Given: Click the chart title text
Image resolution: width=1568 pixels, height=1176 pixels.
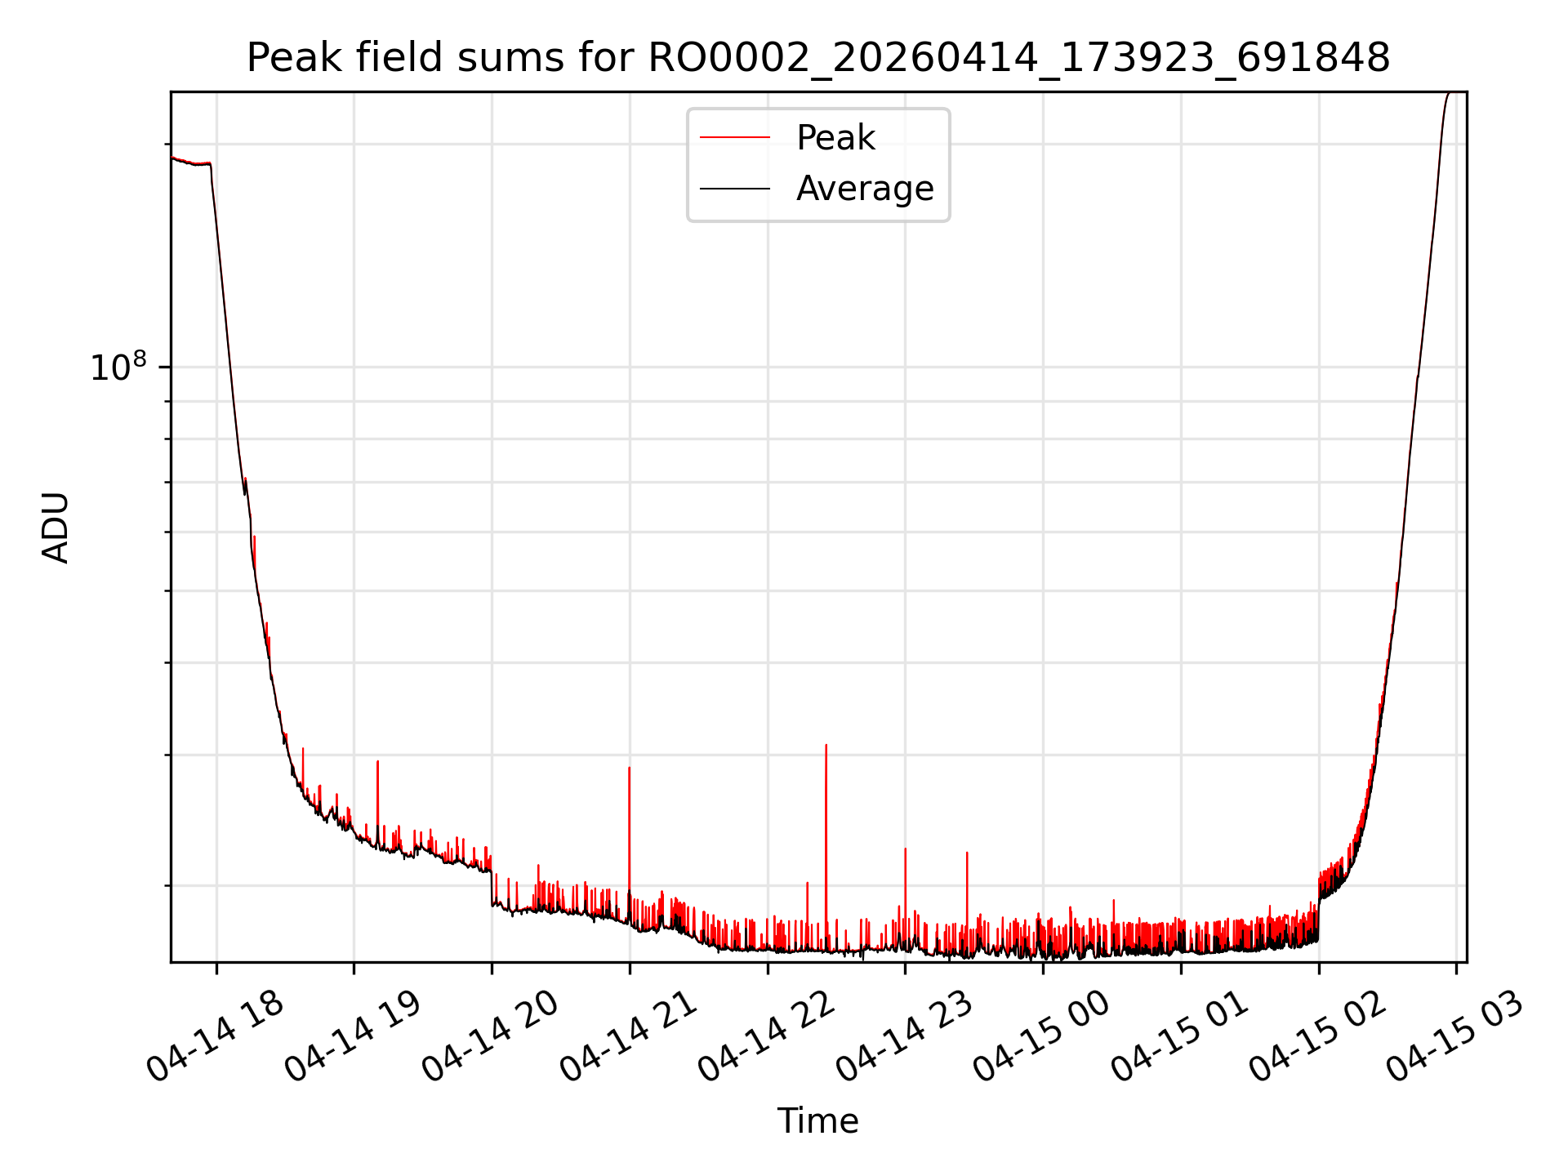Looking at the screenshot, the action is [x=817, y=58].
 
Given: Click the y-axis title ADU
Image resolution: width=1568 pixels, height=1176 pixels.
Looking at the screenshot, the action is [x=56, y=527].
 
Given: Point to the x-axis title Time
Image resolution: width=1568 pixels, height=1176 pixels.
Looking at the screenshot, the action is [x=817, y=1120].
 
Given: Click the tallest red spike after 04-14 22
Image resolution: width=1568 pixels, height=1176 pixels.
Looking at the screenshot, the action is [x=826, y=845].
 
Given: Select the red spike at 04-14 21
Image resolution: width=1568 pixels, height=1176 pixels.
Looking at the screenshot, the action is [x=629, y=841].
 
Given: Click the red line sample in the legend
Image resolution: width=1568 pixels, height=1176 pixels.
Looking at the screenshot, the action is [x=735, y=138].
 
